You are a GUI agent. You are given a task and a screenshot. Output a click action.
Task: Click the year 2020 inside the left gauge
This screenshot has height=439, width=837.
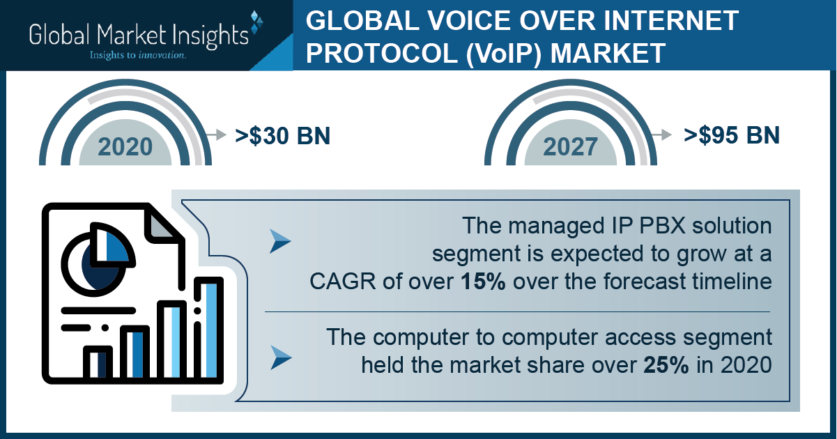pos(125,147)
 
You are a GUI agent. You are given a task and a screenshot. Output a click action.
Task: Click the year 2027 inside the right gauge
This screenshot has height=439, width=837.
pos(570,147)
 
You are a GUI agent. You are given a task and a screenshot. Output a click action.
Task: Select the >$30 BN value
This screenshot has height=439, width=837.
pos(282,136)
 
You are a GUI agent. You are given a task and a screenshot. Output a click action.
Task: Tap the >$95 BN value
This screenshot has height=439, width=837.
pos(732,135)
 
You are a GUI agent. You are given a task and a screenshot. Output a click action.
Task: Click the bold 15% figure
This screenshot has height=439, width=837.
pos(483,281)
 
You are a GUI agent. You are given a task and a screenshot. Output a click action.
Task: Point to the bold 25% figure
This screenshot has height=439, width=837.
pos(666,365)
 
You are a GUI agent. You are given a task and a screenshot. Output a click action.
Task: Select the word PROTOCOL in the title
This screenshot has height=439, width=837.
pos(381,53)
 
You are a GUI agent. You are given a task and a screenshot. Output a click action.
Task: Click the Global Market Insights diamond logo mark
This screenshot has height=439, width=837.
pos(256,22)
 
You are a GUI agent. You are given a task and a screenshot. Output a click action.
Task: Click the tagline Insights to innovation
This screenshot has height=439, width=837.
pos(137,55)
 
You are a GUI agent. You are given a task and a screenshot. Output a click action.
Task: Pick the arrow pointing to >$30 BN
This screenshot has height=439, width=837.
pos(216,134)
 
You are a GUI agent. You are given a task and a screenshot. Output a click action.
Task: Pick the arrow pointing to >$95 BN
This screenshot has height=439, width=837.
pos(661,134)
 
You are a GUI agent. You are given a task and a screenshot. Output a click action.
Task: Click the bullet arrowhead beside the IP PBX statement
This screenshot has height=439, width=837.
pos(280,241)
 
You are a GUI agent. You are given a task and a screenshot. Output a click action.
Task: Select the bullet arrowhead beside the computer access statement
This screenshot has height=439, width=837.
pos(281,358)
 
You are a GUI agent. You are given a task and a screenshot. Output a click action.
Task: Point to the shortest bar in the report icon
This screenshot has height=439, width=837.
pos(98,363)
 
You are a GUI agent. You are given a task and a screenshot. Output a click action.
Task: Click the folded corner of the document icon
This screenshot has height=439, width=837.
pos(162,224)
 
